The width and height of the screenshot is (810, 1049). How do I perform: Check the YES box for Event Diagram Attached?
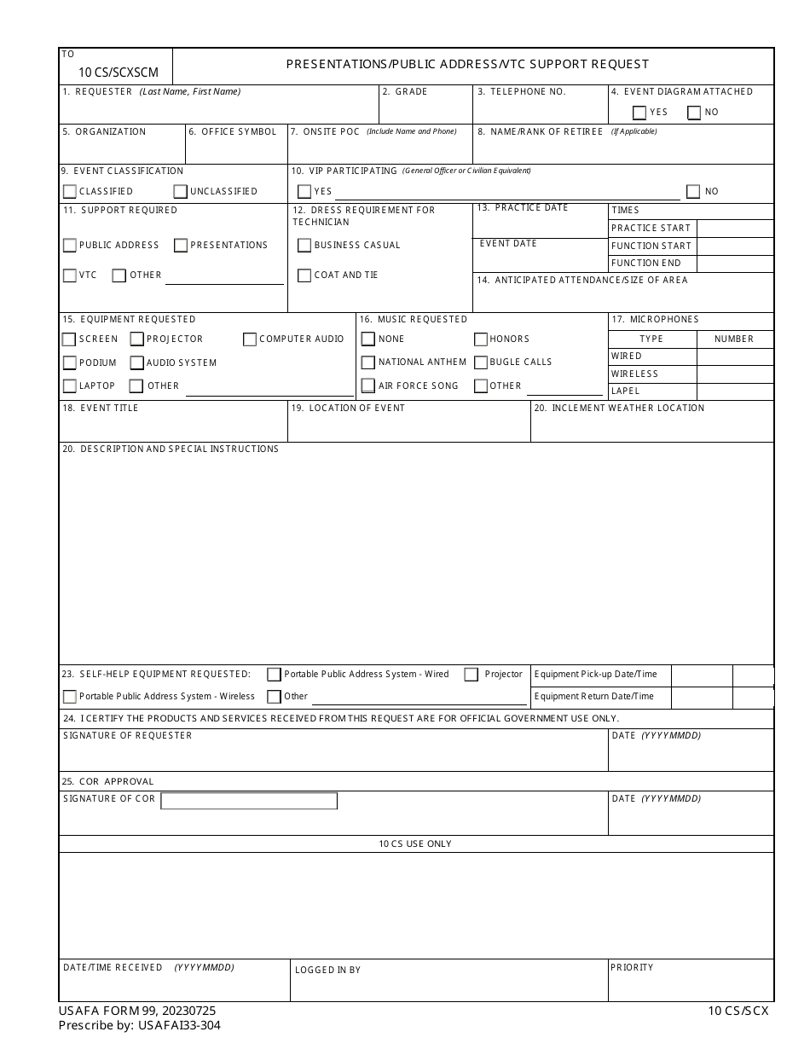639,113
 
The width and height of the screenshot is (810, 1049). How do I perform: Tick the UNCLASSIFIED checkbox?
181,192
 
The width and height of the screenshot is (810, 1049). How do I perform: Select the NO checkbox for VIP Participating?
693,192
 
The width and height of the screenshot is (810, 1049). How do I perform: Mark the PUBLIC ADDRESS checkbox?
70,246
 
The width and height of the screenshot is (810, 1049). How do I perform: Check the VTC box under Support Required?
70,275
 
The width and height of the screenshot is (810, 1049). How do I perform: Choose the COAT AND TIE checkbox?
304,275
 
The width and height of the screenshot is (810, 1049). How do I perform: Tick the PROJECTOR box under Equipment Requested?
137,339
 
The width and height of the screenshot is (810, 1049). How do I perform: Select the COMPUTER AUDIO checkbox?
250,339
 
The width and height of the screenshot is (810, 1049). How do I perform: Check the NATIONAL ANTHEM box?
368,362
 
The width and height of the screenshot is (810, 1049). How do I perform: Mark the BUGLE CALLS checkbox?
481,362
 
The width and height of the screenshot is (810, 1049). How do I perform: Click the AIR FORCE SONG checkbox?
368,386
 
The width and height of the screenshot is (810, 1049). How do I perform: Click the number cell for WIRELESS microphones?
735,374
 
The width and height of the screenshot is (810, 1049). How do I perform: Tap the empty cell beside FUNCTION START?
735,246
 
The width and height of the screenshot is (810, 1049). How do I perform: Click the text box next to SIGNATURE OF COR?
249,801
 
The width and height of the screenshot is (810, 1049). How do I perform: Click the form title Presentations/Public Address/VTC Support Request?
467,64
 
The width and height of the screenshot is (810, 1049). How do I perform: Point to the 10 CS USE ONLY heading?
415,844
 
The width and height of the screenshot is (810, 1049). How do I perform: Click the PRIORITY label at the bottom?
632,967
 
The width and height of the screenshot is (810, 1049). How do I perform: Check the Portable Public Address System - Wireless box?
70,697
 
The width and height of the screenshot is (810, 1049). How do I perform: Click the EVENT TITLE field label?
109,409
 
